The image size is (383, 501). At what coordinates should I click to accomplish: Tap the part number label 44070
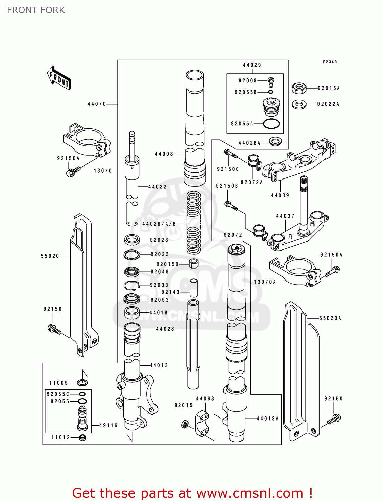coord(97,104)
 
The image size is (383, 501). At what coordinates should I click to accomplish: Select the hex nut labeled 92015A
coord(299,88)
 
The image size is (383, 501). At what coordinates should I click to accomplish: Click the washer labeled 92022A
coord(299,104)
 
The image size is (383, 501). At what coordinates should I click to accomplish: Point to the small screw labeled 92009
coord(271,82)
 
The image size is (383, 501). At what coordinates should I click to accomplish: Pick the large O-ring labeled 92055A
coord(271,124)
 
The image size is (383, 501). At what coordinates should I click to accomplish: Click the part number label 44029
coord(252,65)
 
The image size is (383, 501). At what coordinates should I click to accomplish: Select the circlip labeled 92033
coord(131,285)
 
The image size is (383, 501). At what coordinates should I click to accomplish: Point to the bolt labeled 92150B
coord(231,205)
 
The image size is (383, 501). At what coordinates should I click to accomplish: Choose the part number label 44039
coord(280,195)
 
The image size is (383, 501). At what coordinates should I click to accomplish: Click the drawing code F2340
coord(330,62)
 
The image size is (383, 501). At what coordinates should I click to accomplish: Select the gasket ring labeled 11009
coord(82,383)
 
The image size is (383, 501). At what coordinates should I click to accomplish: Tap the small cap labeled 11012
coord(82,437)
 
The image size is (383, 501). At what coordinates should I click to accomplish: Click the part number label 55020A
coord(330,318)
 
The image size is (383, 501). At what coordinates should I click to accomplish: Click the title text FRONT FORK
coord(36,10)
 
